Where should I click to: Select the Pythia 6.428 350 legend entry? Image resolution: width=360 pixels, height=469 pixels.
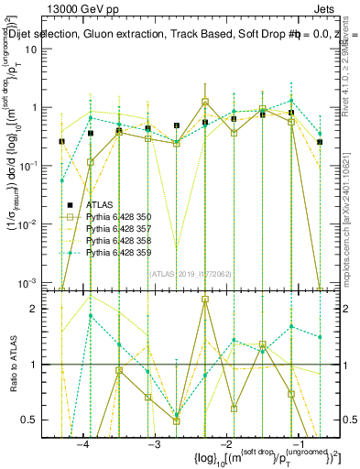120,216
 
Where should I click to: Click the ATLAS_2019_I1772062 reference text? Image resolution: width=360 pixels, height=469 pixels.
177,272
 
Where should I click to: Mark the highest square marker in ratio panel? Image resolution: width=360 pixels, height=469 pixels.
205,299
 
